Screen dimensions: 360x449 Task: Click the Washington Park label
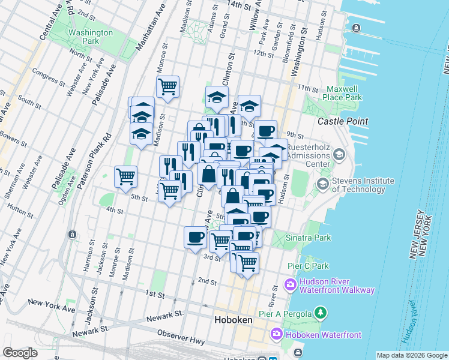(91, 37)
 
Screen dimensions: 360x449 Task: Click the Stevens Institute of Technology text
(363, 185)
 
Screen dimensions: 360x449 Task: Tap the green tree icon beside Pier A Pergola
(321, 313)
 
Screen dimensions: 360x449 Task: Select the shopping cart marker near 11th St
(167, 86)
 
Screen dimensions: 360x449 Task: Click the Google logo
(20, 353)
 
